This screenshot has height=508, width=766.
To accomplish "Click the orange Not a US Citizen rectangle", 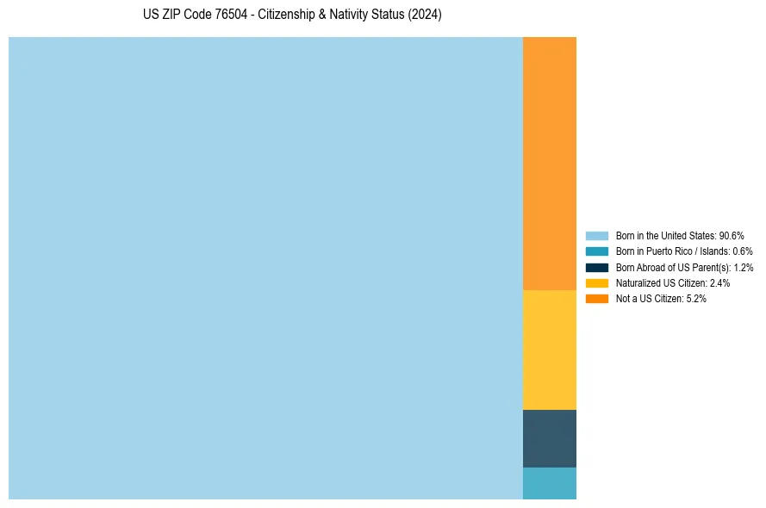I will pos(549,164).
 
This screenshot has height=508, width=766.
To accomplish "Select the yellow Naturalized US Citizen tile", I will pos(549,350).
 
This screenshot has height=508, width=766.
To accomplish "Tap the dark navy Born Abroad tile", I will pos(549,438).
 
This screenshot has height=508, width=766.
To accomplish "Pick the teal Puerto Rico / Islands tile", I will pos(549,483).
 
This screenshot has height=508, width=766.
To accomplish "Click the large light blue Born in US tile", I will pos(265,268).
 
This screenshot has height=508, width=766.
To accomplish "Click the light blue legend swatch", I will pos(597,235).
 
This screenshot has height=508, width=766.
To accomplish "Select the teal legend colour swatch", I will pos(597,251).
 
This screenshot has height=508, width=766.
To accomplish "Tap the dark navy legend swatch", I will pos(597,267).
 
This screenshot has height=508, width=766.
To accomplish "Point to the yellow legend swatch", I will pos(597,282).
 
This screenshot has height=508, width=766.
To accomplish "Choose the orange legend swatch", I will pos(597,298).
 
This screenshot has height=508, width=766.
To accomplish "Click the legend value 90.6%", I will pos(732,235).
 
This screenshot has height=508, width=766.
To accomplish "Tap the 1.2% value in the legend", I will pos(743,267).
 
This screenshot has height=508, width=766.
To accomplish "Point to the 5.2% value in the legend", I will pos(696,298).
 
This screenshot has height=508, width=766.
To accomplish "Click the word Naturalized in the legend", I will pos(636,282).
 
